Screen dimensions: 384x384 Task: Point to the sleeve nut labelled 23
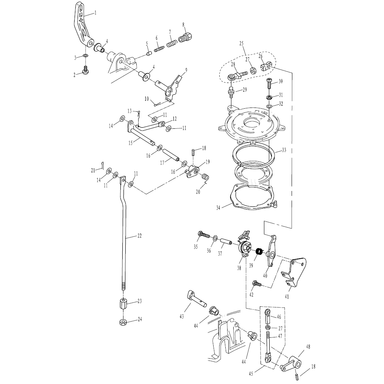tap(123, 304)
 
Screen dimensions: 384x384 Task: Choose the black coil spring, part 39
tap(259, 251)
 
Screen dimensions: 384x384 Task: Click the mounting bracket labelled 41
tap(294, 272)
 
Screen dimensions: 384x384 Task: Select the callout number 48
tap(308, 347)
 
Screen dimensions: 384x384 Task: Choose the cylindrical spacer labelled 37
tap(226, 242)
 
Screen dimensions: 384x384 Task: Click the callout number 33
tap(284, 150)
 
